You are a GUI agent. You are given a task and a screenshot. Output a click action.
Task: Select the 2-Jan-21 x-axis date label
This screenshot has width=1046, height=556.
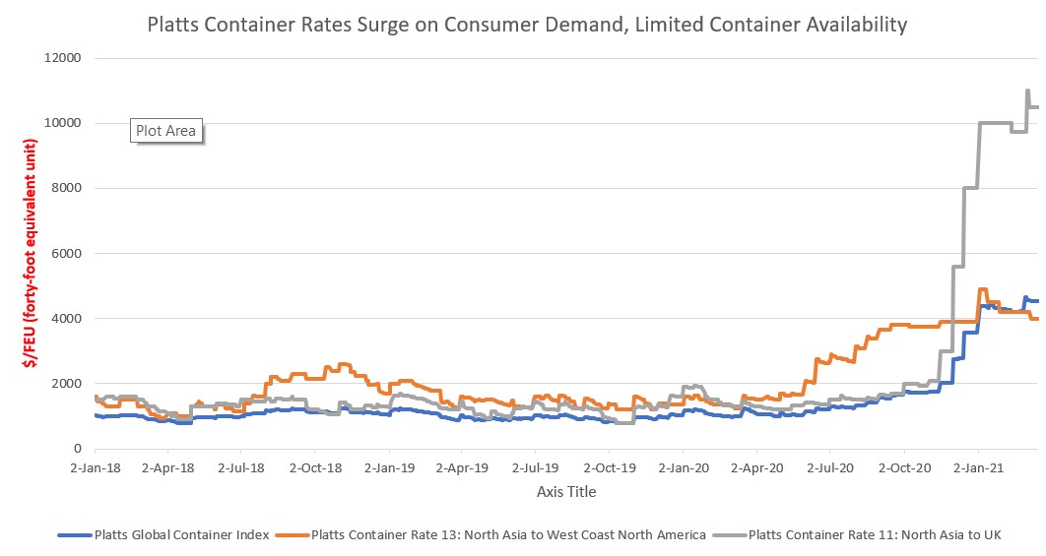point(979,468)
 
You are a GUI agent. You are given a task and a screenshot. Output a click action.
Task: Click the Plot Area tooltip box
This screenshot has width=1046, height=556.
point(166,130)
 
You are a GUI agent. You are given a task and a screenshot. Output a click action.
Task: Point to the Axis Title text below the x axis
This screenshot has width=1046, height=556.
point(565,491)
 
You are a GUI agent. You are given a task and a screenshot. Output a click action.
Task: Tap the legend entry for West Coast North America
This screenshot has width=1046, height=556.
point(508,535)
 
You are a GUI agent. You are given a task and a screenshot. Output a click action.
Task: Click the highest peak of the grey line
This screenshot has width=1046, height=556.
point(1027,91)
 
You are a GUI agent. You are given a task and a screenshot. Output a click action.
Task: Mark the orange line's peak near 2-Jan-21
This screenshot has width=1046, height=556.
point(982,289)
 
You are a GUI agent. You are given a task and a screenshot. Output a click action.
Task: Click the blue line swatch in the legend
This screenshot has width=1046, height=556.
point(74,535)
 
